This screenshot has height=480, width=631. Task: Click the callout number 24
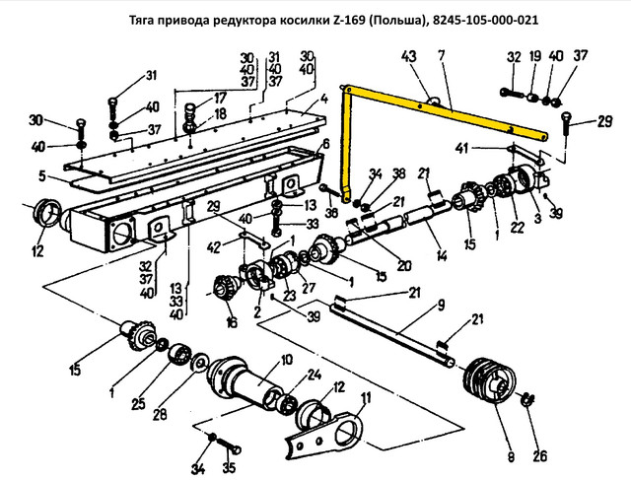(314, 376)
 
